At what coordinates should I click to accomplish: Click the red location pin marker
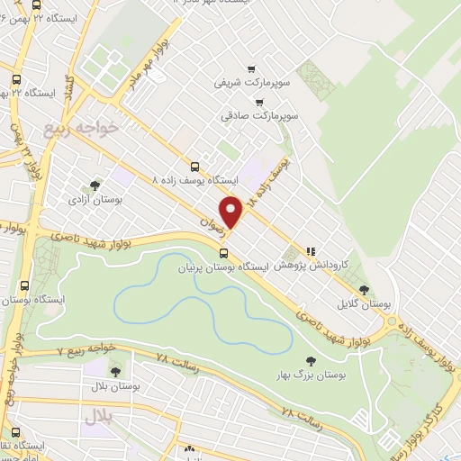click(231, 212)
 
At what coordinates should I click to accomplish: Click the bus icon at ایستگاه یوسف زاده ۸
click(195, 166)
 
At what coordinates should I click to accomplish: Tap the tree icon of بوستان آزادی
click(95, 185)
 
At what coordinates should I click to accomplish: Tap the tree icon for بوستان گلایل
click(364, 290)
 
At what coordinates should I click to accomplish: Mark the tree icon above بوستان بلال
click(114, 370)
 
